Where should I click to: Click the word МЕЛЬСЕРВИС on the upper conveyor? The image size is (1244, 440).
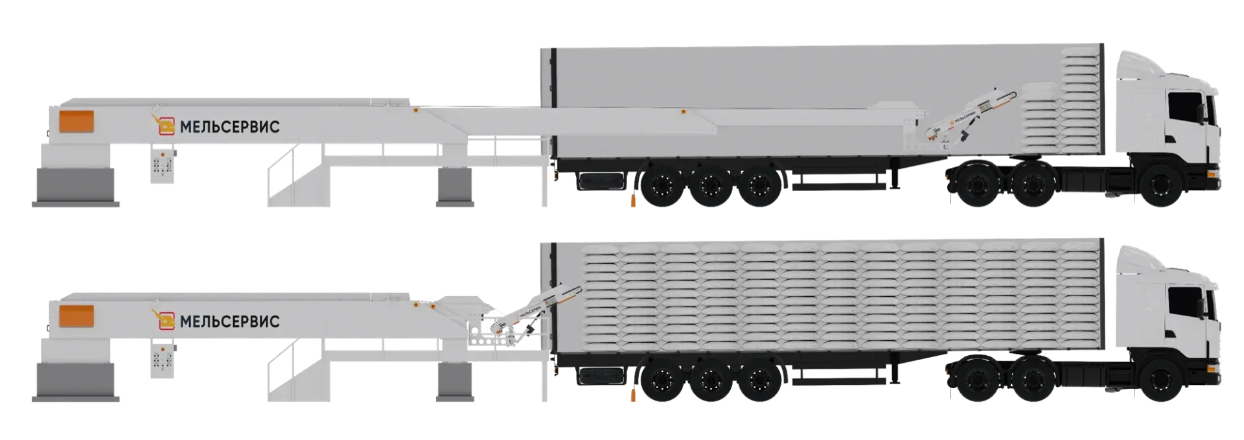pyautogui.click(x=229, y=126)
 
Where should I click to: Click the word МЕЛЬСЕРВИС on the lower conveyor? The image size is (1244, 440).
pyautogui.click(x=229, y=321)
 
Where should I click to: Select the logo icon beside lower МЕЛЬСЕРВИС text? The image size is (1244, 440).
pyautogui.click(x=165, y=320)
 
